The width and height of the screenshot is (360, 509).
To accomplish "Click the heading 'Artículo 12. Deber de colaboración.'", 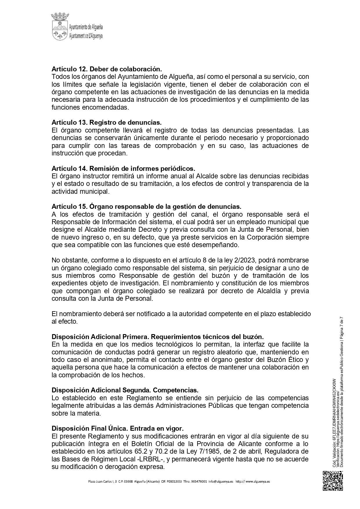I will coord(106,69).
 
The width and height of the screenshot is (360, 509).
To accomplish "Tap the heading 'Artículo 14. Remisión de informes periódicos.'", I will coord(123,169).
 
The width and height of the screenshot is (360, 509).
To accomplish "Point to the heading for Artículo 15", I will coord(146,207).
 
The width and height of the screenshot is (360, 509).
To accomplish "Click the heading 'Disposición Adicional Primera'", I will coord(158,337).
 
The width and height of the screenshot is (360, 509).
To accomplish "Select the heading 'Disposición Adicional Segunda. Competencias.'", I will coord(125,390).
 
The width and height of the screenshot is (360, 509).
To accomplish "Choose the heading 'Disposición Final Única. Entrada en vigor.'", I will coord(117,428).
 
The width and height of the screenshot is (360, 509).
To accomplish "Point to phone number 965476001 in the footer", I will coord(199,481).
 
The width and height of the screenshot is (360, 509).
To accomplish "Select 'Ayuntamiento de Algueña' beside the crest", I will coord(86,27).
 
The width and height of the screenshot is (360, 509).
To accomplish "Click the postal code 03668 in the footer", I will coord(128,481).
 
